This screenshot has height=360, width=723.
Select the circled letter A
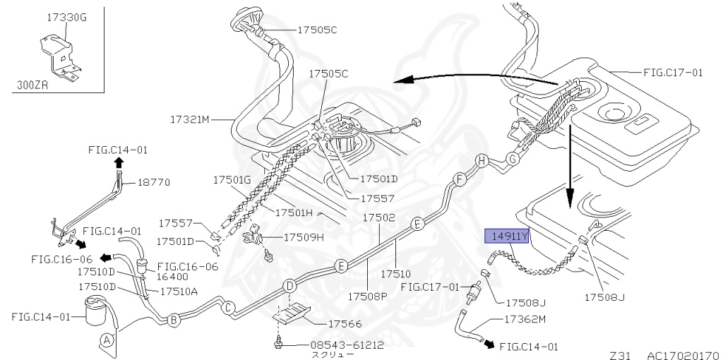tap(107, 340)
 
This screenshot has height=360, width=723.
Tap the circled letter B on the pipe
tap(174, 320)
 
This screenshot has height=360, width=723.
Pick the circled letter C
tap(228, 308)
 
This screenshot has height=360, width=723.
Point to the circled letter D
tap(289, 287)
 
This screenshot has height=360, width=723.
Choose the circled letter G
tap(513, 159)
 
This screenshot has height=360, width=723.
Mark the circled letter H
tap(482, 161)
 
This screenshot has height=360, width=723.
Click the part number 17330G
tap(67, 18)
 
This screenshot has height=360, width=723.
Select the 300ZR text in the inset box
tap(32, 85)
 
